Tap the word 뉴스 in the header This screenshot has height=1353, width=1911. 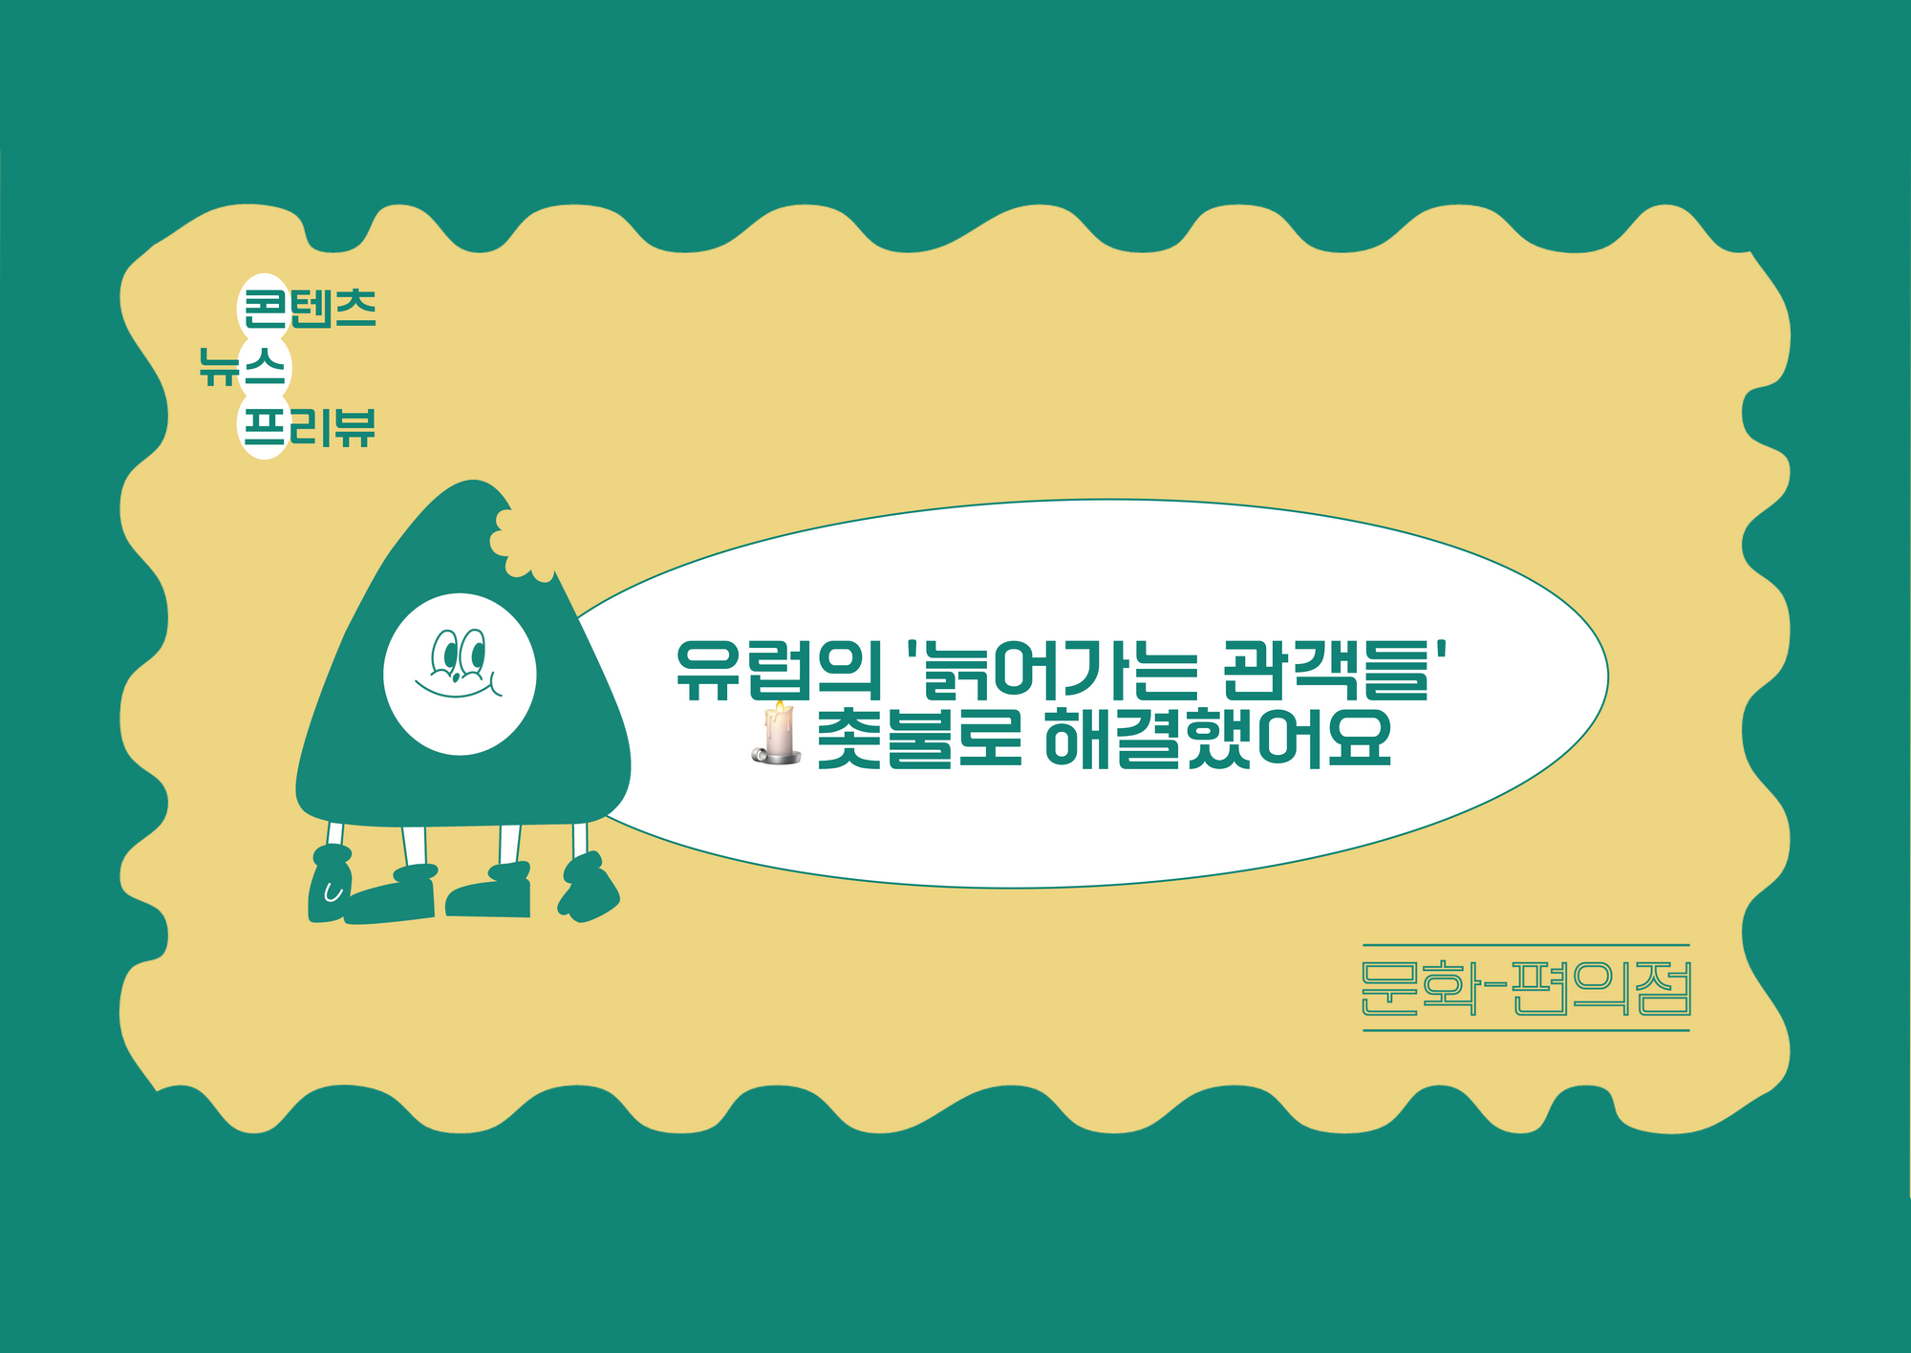click(x=243, y=366)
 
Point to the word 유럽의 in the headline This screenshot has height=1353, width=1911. click(x=778, y=670)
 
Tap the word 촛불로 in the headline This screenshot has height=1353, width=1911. click(x=920, y=737)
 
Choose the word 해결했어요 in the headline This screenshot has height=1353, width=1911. click(x=1219, y=737)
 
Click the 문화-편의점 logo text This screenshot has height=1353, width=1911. click(x=1526, y=988)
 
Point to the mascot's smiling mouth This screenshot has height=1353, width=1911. click(x=457, y=687)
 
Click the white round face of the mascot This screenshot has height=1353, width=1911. click(x=460, y=674)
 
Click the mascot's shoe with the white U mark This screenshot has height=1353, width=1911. click(x=330, y=884)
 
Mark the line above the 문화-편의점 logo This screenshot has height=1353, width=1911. click(x=1526, y=945)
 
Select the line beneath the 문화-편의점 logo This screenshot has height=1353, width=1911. click(x=1526, y=1030)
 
